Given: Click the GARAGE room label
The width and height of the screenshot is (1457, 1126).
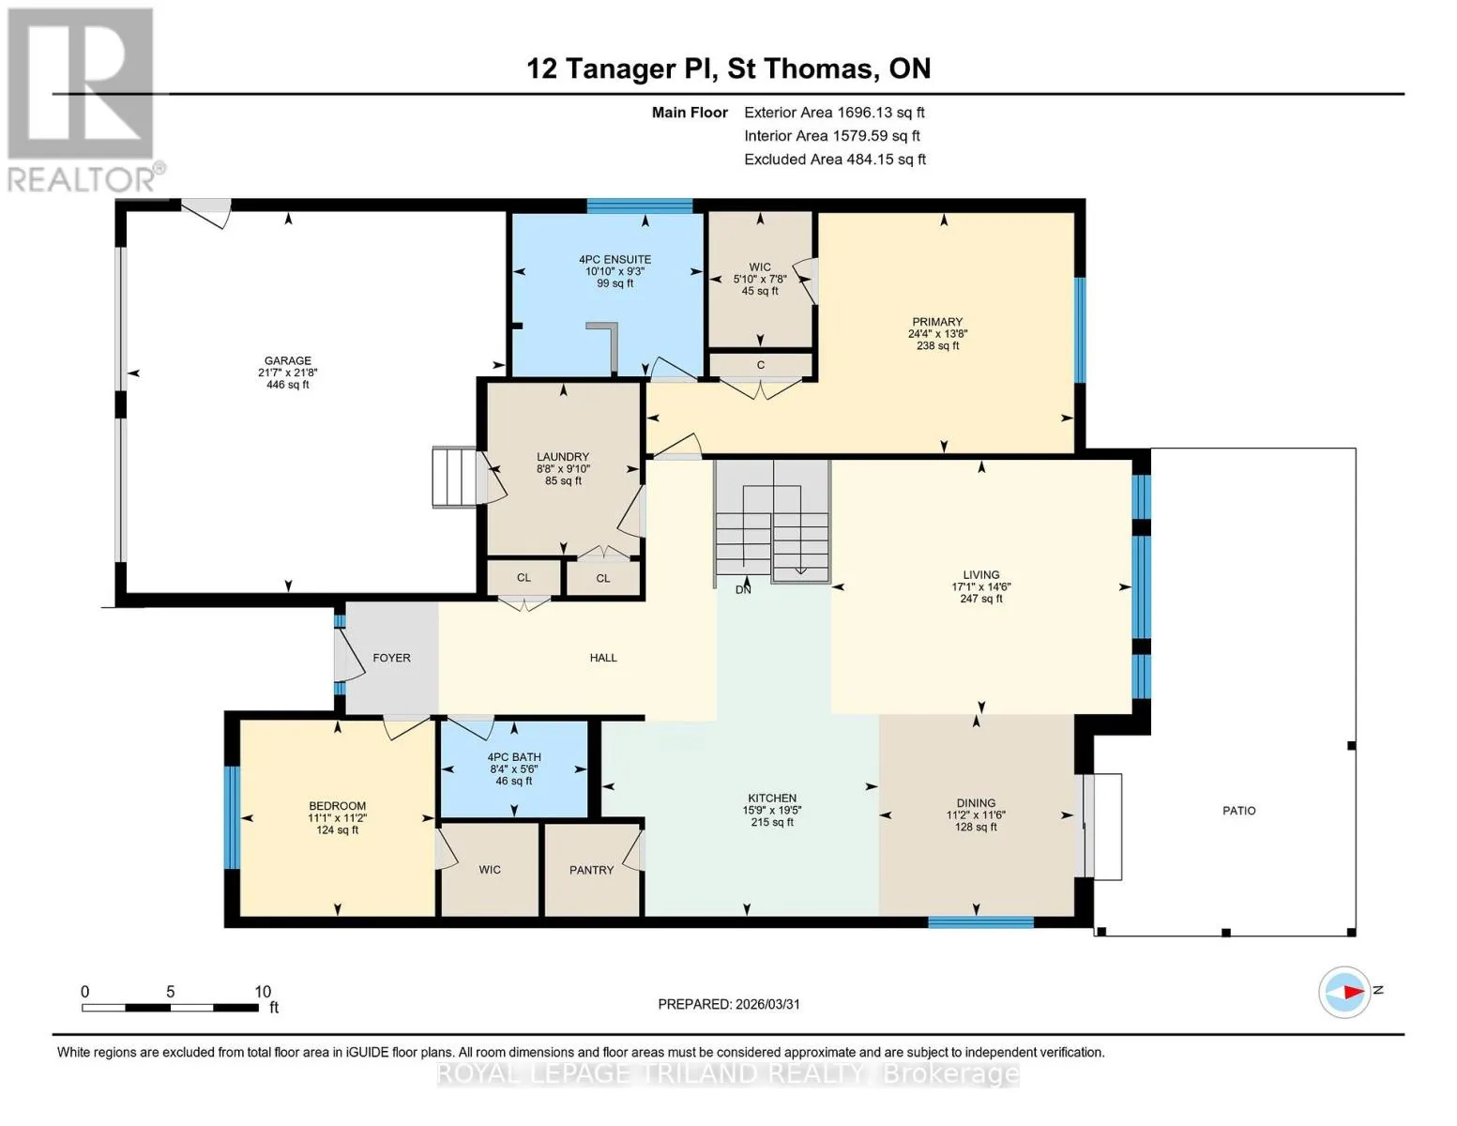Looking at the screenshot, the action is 288,361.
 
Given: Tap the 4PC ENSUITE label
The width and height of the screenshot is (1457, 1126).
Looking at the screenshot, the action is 615,260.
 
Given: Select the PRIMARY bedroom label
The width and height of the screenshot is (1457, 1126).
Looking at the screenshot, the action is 937,322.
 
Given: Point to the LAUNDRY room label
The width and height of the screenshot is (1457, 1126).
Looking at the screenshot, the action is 563,457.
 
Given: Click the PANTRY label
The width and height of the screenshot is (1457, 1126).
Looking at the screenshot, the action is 591,870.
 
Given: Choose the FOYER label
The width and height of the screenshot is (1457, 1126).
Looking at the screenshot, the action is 391,658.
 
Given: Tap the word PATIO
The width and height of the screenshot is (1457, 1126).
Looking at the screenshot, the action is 1239,811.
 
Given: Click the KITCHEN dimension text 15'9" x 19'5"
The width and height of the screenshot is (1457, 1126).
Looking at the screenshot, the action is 772,810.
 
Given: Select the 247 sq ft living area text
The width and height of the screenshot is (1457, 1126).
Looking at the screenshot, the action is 981,599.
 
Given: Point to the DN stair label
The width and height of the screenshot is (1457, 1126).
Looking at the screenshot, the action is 743,589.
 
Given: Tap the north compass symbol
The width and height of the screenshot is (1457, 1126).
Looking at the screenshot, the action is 1344,992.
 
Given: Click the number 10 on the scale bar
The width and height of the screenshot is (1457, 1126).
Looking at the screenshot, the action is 263,991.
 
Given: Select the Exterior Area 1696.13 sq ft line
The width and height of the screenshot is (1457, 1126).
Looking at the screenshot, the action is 834,113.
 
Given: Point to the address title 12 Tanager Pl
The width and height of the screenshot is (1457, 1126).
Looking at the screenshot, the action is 619,68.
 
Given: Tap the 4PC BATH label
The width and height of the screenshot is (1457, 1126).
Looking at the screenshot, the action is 514,757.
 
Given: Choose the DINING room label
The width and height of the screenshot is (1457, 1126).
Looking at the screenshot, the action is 977,803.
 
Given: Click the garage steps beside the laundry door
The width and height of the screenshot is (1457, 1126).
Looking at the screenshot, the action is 454,476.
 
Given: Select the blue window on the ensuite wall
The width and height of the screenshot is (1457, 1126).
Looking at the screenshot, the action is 640,205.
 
